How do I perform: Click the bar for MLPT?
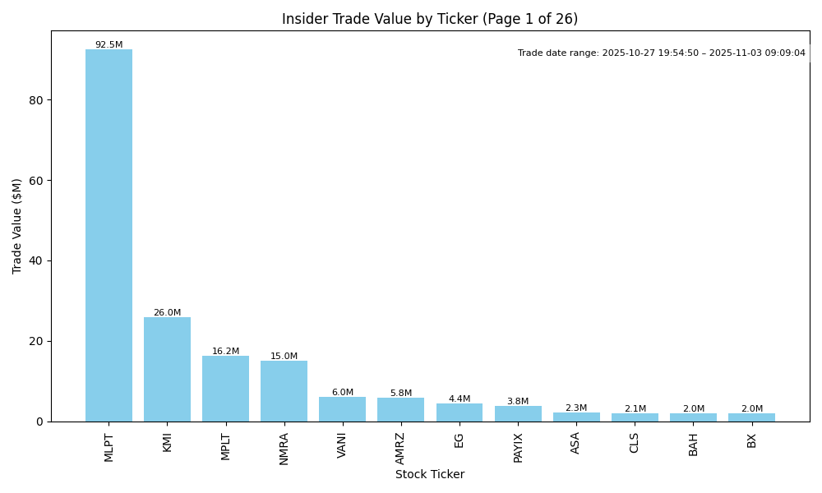[x=109, y=235]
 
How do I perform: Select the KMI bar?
[x=167, y=369]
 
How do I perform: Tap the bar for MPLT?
[x=225, y=389]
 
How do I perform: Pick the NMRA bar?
[x=284, y=391]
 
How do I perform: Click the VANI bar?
[x=342, y=409]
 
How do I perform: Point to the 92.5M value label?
[x=109, y=45]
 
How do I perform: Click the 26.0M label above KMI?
[x=167, y=313]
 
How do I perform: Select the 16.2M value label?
[x=225, y=352]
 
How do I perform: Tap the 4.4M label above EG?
[x=459, y=399]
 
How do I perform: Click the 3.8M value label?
[x=518, y=402]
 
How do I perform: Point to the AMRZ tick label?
[x=400, y=448]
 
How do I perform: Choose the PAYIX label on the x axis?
[x=518, y=448]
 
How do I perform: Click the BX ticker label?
[x=751, y=440]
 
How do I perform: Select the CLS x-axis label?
[x=635, y=443]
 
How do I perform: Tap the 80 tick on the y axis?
[x=36, y=100]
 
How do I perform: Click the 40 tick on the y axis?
[x=36, y=261]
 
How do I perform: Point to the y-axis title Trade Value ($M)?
[x=17, y=226]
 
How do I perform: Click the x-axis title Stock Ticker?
[x=430, y=475]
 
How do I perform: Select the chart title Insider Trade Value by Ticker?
[x=430, y=19]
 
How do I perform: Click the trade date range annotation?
[x=662, y=53]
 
